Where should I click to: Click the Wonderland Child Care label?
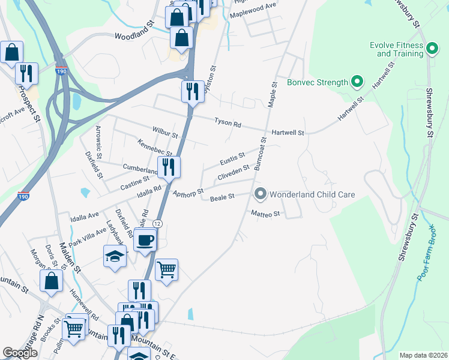coord(312,194)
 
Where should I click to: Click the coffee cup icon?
coord(145,241)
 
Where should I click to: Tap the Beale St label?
coord(221,197)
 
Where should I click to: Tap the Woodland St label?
coord(135,37)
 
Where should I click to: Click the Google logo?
coord(20,353)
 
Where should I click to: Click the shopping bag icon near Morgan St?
coord(52,281)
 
